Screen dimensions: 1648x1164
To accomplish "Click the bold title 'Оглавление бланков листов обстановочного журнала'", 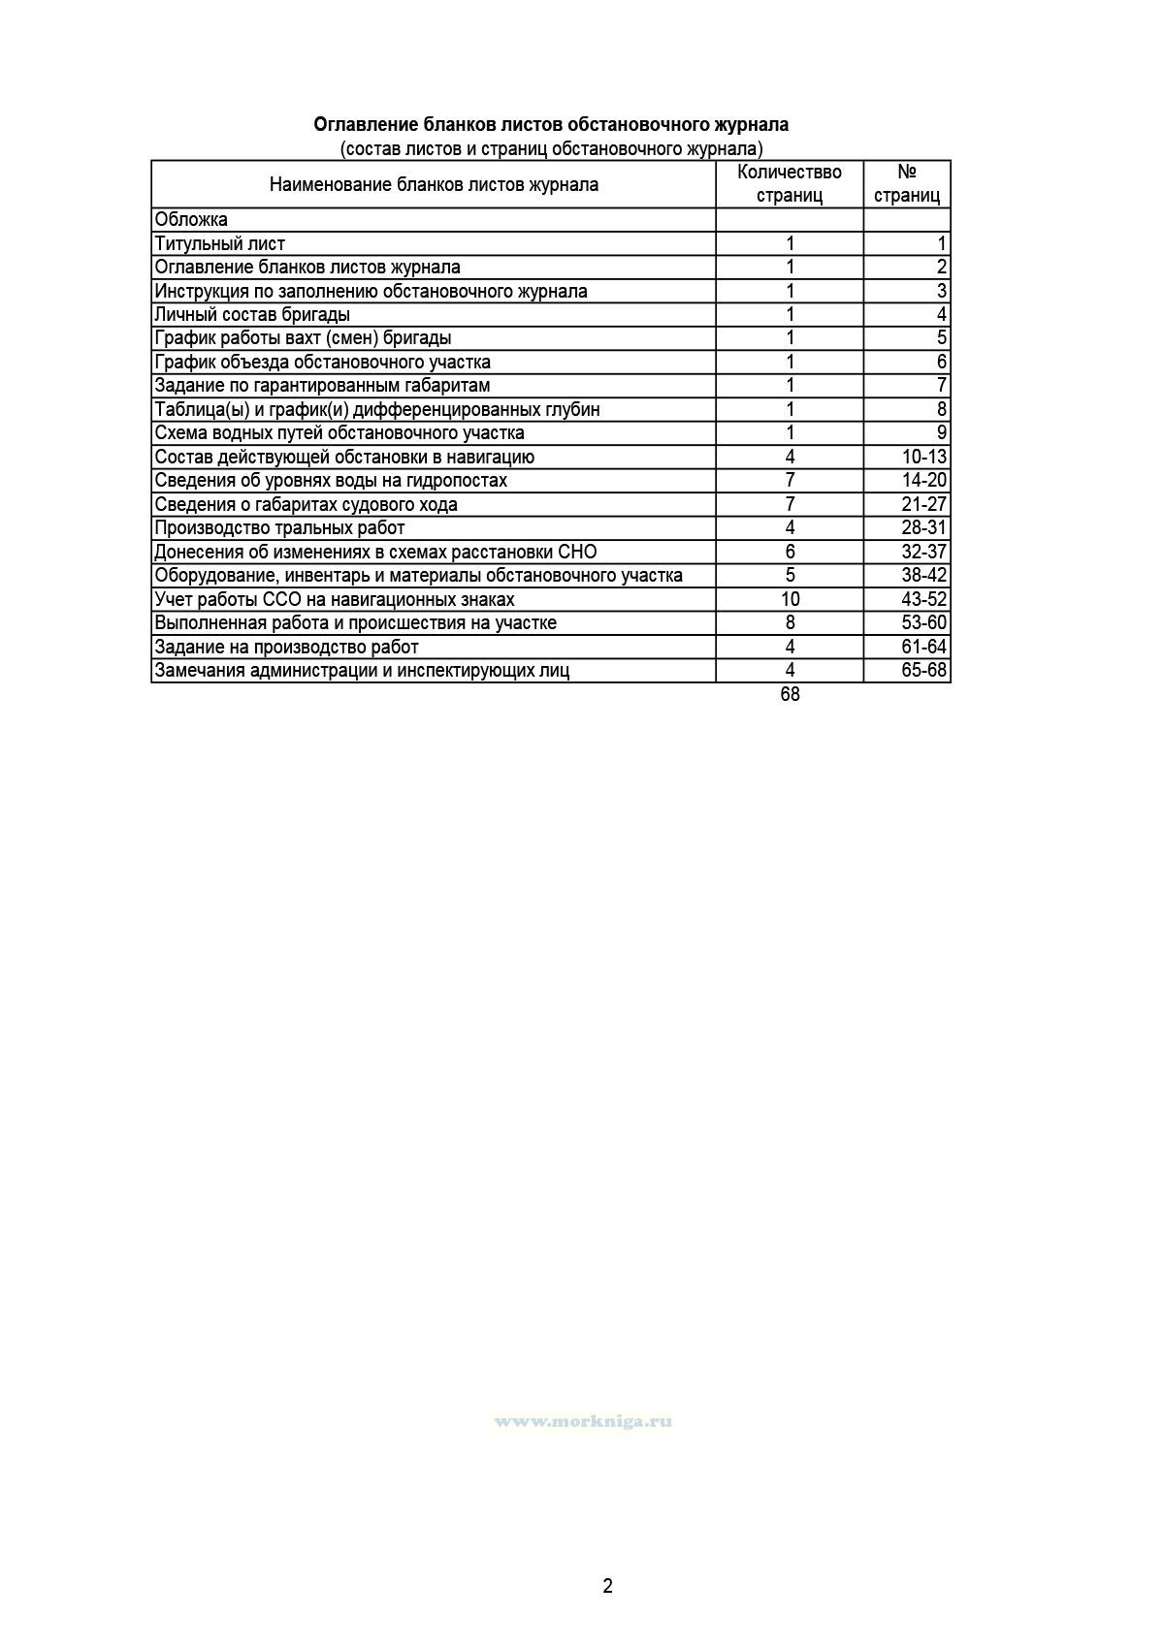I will coord(550,125).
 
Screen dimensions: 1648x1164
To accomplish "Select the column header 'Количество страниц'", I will coord(790,184).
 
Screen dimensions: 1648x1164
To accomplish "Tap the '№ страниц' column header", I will coord(907,184).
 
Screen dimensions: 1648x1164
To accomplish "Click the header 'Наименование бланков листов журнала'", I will coord(434,184).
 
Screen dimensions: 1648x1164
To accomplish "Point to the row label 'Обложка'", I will coord(191,220).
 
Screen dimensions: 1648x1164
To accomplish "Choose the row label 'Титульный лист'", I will coord(220,243).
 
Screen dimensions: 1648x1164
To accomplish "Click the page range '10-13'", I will coord(923,457).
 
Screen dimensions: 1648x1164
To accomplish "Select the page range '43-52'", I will coord(923,599).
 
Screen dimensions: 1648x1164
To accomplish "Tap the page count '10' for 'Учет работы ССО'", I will coord(790,599).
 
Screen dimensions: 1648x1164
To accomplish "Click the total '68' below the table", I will coord(790,694).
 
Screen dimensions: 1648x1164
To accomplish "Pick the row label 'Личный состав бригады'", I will coord(252,315).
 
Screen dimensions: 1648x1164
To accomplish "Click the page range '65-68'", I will coord(923,670).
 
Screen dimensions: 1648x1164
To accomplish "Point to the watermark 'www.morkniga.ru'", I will coord(583,1421).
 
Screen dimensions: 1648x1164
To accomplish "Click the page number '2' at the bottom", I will coord(608,1587).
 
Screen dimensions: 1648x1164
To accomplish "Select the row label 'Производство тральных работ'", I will coord(279,528).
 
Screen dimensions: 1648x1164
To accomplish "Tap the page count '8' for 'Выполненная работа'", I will coord(790,622).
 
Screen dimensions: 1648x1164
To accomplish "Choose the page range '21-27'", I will coord(923,504).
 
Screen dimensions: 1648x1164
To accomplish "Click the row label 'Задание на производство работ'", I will coord(287,647).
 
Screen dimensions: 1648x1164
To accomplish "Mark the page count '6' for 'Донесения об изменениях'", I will coord(790,552).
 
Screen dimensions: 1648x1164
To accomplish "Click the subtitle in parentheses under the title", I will coord(551,148).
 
